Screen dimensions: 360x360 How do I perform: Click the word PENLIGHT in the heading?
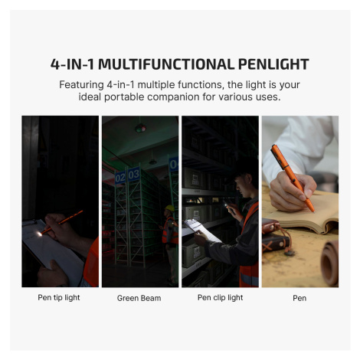tap(273, 64)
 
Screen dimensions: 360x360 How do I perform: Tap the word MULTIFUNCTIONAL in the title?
tap(166, 64)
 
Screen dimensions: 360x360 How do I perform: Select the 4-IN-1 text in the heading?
tap(72, 64)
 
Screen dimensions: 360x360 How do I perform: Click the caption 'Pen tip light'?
tap(59, 298)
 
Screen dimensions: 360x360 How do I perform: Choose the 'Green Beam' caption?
tap(139, 298)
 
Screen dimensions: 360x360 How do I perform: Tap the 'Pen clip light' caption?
tap(220, 298)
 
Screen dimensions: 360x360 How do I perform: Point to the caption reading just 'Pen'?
tap(299, 298)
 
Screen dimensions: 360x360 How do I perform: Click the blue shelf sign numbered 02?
tap(120, 178)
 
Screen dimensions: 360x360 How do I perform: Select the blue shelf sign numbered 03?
tap(133, 174)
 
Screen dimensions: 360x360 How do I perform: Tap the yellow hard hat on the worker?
tap(170, 208)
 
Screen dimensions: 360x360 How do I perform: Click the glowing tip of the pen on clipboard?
tap(39, 234)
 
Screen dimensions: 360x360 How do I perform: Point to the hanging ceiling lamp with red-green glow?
tap(140, 128)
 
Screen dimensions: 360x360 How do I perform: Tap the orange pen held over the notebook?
tap(293, 178)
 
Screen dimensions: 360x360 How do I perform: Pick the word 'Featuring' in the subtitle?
tap(81, 85)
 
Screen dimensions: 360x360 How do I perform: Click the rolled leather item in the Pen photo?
tap(331, 263)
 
